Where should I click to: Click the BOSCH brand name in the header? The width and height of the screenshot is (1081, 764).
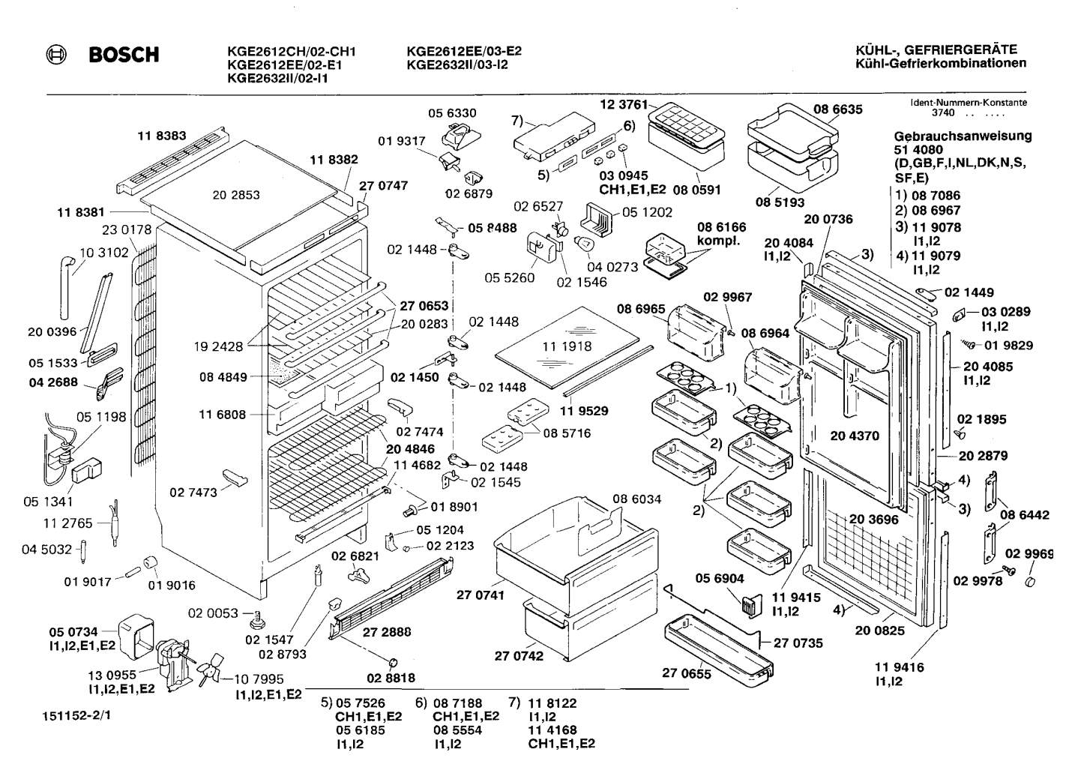click(124, 55)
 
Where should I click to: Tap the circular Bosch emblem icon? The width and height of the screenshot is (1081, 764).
click(56, 55)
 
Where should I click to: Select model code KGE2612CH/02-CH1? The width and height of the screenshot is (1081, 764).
click(292, 51)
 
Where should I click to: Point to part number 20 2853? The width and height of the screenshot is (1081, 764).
click(236, 195)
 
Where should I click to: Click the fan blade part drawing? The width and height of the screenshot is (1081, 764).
click(210, 669)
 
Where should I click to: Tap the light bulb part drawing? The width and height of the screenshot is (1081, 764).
click(583, 243)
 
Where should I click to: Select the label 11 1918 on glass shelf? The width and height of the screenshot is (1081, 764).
click(567, 346)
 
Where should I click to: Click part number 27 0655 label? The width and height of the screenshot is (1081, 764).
click(686, 673)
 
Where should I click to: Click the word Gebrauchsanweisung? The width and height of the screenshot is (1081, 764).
click(963, 136)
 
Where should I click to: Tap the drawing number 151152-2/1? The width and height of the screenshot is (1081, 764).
click(76, 715)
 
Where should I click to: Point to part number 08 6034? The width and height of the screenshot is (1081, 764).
click(637, 499)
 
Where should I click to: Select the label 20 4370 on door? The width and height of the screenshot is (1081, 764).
click(855, 436)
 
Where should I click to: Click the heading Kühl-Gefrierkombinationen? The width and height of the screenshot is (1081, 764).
click(941, 63)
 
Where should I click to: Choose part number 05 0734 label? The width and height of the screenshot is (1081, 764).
click(73, 632)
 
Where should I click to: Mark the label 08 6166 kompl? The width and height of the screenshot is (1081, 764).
click(721, 234)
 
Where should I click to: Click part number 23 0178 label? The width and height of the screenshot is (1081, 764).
click(127, 229)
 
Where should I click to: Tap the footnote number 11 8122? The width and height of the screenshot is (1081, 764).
click(552, 703)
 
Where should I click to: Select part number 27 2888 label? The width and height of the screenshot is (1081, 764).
click(387, 632)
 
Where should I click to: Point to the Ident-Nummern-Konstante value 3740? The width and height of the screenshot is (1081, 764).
click(943, 113)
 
